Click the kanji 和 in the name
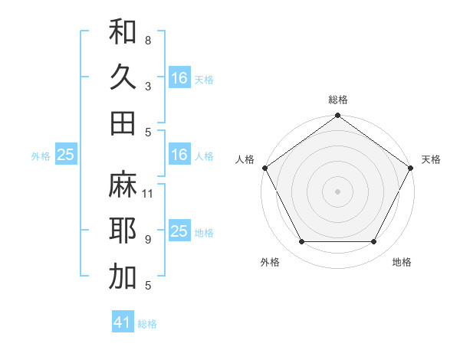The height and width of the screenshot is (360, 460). click(123, 31)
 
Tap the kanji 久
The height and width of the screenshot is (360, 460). click(123, 77)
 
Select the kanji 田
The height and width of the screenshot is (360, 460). click(123, 123)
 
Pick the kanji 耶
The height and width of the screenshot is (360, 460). click(123, 231)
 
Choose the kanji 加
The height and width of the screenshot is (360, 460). click(123, 277)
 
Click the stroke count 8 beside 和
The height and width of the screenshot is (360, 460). click(148, 40)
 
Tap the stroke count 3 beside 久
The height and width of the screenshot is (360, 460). click(148, 86)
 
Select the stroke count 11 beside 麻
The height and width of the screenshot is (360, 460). click(148, 193)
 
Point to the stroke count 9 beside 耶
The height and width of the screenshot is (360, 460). click(148, 240)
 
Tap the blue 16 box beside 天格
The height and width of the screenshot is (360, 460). click(179, 78)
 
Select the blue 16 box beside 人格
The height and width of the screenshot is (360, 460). click(179, 155)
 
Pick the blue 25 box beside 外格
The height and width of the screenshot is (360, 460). click(66, 155)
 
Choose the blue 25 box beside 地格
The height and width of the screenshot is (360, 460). click(179, 231)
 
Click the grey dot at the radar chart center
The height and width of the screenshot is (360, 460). click(337, 191)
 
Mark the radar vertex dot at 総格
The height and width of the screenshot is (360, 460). click(337, 116)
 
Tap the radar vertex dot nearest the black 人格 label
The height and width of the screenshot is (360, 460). click(265, 168)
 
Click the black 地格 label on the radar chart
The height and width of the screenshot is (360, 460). click(402, 263)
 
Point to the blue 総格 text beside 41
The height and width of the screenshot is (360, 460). click(147, 324)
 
